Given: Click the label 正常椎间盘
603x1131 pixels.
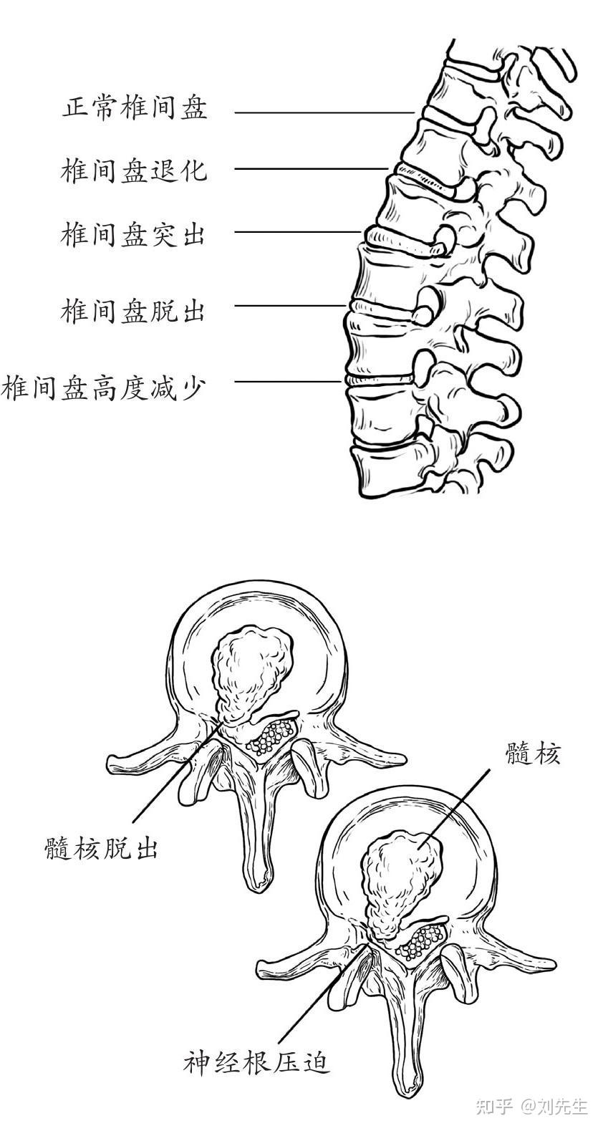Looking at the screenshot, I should pyautogui.click(x=135, y=109).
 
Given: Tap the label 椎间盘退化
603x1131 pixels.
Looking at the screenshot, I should pyautogui.click(x=135, y=170).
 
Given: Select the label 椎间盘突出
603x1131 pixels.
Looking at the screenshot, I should pyautogui.click(x=135, y=234).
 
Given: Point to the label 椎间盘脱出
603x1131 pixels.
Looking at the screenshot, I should pyautogui.click(x=135, y=311).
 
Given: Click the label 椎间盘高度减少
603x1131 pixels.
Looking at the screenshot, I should pyautogui.click(x=105, y=389).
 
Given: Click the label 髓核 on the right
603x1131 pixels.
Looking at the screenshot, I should pyautogui.click(x=532, y=754).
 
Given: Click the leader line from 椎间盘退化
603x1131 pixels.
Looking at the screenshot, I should pyautogui.click(x=312, y=170).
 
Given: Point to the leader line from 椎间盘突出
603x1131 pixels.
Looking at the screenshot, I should pyautogui.click(x=298, y=232).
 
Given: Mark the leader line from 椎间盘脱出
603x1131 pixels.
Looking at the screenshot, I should pyautogui.click(x=290, y=306).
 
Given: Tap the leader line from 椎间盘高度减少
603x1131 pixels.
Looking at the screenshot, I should pyautogui.click(x=287, y=381).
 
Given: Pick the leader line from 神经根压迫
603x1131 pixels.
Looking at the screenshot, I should pyautogui.click(x=322, y=996).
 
